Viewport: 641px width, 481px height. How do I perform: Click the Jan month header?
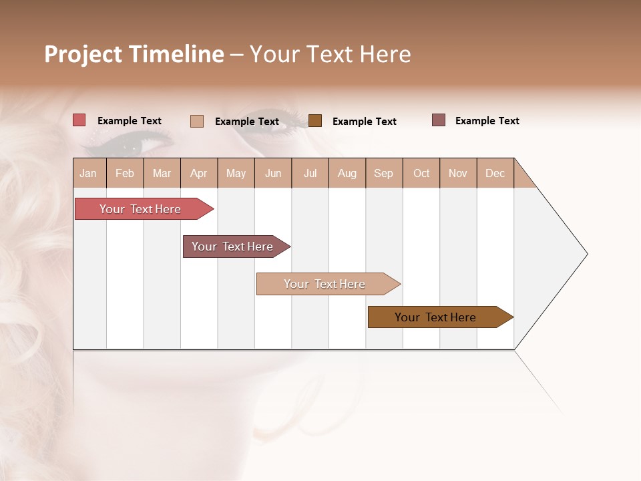tap(89, 173)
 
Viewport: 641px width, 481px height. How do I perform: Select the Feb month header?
tap(125, 173)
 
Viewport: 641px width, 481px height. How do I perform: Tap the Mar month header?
tap(162, 173)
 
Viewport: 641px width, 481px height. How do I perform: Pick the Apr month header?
tap(199, 173)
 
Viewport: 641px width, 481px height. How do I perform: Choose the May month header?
tap(236, 173)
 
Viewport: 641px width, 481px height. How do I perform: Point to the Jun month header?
tap(273, 173)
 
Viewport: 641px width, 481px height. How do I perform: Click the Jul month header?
tap(310, 173)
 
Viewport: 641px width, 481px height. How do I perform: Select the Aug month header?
tap(347, 173)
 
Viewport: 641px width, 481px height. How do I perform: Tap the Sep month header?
tap(384, 173)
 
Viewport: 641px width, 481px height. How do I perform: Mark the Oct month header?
tap(421, 173)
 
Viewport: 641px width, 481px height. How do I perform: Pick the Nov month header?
tap(458, 173)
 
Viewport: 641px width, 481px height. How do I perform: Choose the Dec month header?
tap(495, 173)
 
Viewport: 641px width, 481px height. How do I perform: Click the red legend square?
tap(79, 120)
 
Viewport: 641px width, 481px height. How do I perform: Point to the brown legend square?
tap(315, 120)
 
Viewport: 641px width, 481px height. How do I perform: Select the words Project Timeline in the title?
tap(134, 54)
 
